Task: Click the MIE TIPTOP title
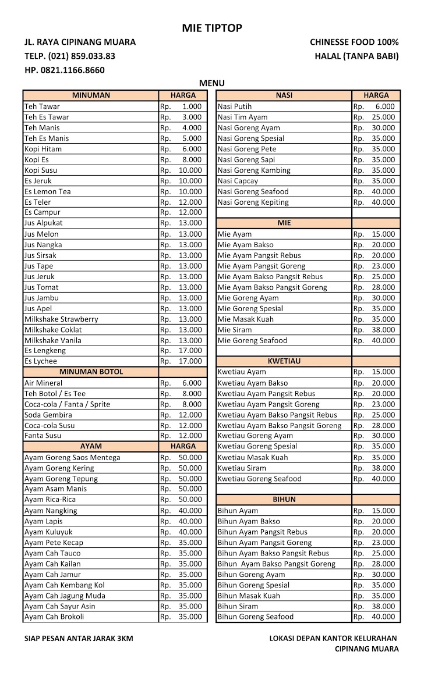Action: [x=211, y=28]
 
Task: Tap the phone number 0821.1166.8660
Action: [x=65, y=70]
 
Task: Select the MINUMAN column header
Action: [x=91, y=95]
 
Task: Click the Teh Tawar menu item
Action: [x=42, y=106]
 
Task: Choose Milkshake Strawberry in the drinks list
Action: [x=61, y=319]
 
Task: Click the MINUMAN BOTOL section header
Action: [x=91, y=372]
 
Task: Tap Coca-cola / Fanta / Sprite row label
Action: [x=67, y=404]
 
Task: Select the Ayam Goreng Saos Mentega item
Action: [x=72, y=457]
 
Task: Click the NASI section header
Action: [x=284, y=95]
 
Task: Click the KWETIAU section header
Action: [x=284, y=361]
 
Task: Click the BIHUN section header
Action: [x=284, y=500]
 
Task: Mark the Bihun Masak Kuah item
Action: [x=249, y=596]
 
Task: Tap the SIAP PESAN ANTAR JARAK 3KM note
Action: [x=79, y=638]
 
